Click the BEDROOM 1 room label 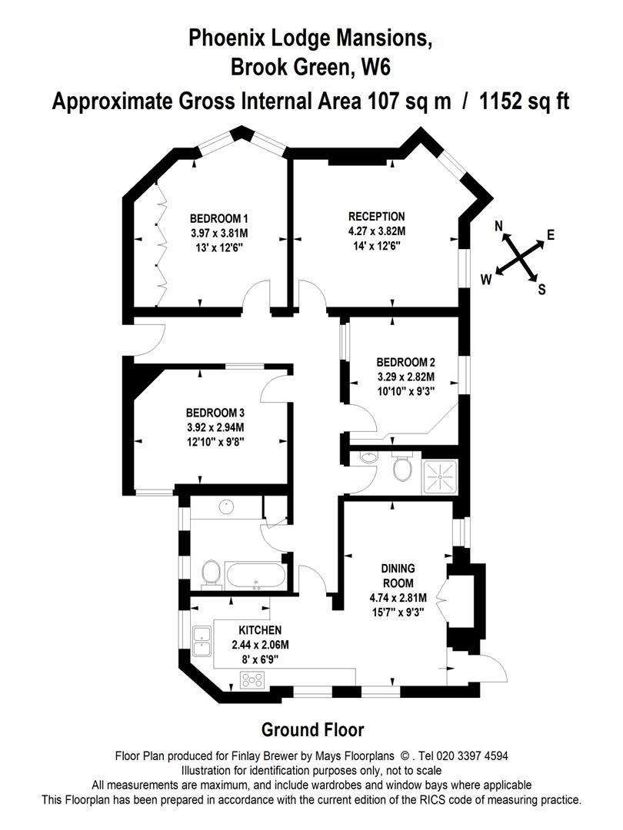tap(218, 218)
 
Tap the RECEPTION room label tap(376, 217)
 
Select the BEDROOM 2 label tap(405, 363)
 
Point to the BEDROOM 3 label tap(215, 413)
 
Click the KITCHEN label tap(260, 630)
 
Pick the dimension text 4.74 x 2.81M tap(398, 598)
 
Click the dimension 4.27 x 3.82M tap(376, 231)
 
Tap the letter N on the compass tap(498, 227)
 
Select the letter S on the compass tap(541, 290)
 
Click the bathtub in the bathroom tap(255, 576)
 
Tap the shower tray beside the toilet tap(439, 477)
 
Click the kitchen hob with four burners tap(252, 679)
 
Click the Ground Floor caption tap(312, 730)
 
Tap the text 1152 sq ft tap(524, 101)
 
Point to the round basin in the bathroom tap(226, 506)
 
